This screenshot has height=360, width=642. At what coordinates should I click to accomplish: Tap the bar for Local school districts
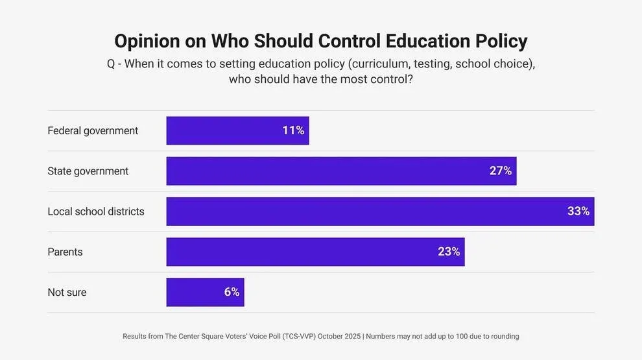(363, 211)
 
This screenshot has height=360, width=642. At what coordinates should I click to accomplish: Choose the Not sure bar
(195, 293)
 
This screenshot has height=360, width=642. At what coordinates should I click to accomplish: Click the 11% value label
(293, 130)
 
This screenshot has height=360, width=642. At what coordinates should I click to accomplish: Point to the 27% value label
(501, 171)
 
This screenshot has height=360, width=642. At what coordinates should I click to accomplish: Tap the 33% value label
(578, 211)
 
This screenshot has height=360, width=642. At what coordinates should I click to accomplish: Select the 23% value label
(449, 252)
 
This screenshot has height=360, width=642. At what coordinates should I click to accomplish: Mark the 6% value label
(232, 293)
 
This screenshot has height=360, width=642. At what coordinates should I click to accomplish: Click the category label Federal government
(93, 131)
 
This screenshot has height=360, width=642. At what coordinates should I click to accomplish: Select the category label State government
(88, 171)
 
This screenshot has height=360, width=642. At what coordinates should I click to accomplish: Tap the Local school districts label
(96, 211)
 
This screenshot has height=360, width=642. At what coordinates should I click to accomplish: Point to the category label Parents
(65, 252)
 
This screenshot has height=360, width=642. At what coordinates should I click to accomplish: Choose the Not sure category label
(67, 293)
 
